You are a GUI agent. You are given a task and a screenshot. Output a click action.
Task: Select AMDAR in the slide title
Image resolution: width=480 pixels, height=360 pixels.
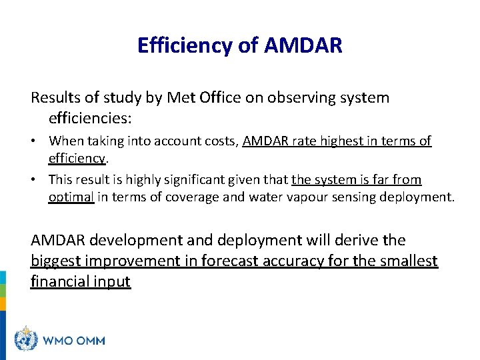(303, 45)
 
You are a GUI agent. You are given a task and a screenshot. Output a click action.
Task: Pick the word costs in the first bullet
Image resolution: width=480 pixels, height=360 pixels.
(218, 141)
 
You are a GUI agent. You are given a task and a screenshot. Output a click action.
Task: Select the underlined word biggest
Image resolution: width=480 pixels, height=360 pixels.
(59, 261)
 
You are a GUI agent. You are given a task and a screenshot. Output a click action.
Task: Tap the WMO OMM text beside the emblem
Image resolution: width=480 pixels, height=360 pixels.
(74, 340)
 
